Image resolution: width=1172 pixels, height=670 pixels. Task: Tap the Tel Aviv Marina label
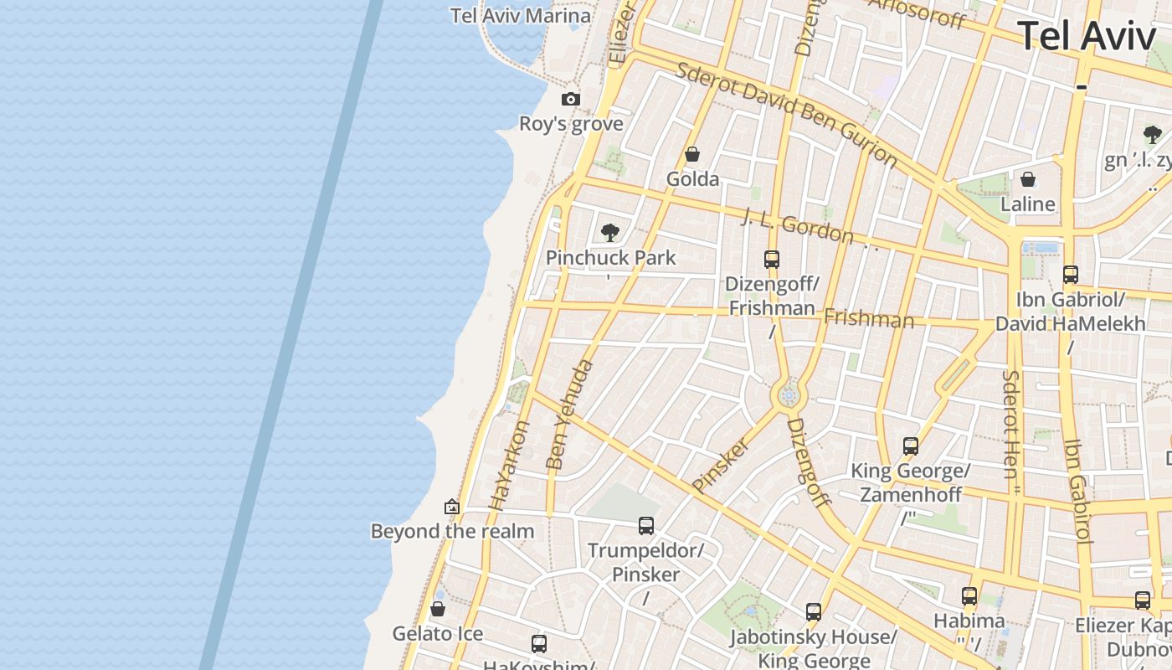pyautogui.click(x=520, y=16)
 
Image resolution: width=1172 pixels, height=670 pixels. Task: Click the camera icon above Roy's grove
pyautogui.click(x=571, y=99)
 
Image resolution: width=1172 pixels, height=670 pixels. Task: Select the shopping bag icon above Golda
pyautogui.click(x=692, y=154)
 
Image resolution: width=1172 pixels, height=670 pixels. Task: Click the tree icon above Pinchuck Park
pyautogui.click(x=610, y=232)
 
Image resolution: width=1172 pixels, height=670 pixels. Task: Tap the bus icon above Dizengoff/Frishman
pyautogui.click(x=771, y=259)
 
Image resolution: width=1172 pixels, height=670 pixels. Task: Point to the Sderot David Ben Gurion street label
pyautogui.click(x=786, y=113)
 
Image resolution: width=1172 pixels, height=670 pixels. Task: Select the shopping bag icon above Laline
pyautogui.click(x=1028, y=179)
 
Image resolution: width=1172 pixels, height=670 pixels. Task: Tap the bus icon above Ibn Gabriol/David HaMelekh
pyautogui.click(x=1070, y=274)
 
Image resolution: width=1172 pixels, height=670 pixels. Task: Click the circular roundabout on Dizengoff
pyautogui.click(x=788, y=395)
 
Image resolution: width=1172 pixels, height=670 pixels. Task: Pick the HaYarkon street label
pyautogui.click(x=510, y=465)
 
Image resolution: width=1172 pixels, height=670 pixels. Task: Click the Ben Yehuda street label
pyautogui.click(x=569, y=415)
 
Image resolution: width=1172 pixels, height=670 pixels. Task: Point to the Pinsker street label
pyautogui.click(x=720, y=464)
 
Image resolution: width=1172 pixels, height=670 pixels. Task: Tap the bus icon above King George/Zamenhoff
pyautogui.click(x=911, y=446)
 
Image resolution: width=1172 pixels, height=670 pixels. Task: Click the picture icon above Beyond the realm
pyautogui.click(x=452, y=506)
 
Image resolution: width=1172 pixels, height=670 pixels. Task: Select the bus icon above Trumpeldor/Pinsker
pyautogui.click(x=645, y=525)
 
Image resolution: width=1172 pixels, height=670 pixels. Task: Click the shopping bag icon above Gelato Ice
pyautogui.click(x=437, y=609)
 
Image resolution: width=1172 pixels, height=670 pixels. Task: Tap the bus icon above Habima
pyautogui.click(x=969, y=595)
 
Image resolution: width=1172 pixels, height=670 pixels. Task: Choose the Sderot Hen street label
pyautogui.click(x=1011, y=424)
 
